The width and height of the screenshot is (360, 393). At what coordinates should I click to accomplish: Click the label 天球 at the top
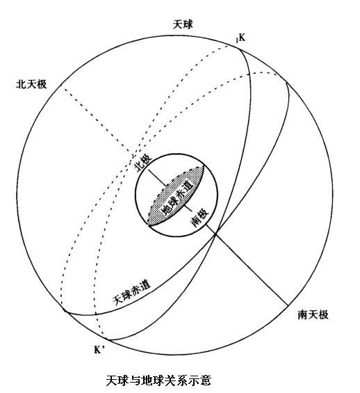[183, 25]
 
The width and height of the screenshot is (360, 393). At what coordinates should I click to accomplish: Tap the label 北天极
[31, 84]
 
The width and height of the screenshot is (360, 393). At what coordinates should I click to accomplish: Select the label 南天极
[313, 314]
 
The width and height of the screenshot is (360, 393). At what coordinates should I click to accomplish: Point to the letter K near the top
[242, 38]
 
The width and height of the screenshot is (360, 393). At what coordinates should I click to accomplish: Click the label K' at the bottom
[99, 350]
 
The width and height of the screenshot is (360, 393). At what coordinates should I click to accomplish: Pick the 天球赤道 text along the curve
[131, 293]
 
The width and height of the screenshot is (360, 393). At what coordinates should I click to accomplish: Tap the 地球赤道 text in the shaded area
[178, 198]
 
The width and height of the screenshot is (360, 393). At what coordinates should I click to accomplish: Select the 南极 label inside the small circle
[199, 218]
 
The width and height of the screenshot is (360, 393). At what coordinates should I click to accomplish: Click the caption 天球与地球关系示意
[158, 380]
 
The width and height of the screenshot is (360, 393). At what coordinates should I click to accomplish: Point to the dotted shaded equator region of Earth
[176, 196]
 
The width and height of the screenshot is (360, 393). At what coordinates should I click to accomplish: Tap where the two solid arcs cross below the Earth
[215, 234]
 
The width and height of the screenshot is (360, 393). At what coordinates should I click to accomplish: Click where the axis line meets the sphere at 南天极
[288, 305]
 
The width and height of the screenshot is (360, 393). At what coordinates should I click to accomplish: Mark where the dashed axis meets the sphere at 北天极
[62, 86]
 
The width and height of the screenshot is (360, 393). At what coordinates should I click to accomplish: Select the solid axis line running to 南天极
[247, 265]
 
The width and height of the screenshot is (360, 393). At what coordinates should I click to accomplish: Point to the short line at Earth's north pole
[157, 178]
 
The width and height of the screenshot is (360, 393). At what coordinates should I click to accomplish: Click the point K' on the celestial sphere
[106, 339]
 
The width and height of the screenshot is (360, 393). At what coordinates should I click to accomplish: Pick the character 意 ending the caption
[206, 380]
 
